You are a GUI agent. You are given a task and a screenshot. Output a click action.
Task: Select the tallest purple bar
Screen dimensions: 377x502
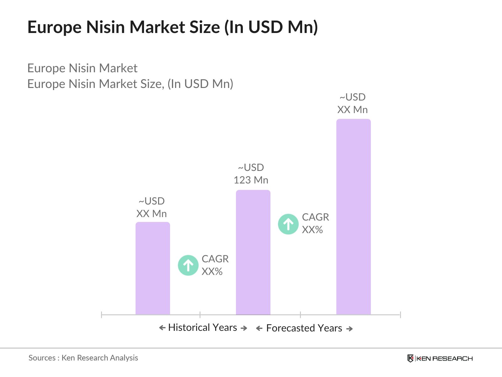353,217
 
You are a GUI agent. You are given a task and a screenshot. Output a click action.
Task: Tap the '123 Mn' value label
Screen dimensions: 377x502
251,180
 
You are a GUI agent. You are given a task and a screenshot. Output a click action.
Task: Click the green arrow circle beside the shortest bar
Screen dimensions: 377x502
188,265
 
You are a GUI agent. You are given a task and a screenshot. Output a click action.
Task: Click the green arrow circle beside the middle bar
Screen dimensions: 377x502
288,224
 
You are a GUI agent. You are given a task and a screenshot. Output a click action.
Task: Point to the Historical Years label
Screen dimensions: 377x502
202,327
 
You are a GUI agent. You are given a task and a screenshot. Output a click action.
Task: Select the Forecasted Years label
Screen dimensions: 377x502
304,328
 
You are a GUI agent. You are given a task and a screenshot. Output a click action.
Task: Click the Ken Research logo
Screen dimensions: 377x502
440,358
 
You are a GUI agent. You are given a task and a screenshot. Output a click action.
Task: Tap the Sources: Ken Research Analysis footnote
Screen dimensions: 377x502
83,358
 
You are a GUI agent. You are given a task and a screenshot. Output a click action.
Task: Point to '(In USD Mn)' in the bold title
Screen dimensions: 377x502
271,27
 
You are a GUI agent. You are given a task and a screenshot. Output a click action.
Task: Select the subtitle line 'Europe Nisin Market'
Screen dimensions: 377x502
82,68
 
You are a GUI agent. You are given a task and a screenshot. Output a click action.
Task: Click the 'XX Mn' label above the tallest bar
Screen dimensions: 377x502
352,110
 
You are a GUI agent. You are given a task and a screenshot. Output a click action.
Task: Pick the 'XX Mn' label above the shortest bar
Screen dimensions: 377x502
152,214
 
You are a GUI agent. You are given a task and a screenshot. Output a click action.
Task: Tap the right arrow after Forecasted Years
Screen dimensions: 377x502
350,329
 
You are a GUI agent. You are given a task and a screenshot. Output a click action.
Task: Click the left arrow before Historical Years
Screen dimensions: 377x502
162,328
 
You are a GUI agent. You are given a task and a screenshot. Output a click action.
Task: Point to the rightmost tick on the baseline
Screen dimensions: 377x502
400,314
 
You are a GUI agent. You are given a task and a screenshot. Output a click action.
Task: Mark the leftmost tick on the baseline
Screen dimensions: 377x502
102,314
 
